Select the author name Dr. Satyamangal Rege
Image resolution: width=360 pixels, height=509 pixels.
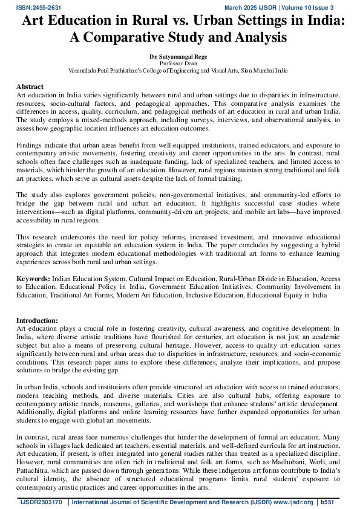click(x=179, y=56)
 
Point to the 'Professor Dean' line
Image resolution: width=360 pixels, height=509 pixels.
click(x=179, y=63)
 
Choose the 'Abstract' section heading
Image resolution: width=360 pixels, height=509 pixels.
click(x=30, y=87)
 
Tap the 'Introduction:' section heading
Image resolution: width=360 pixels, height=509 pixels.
click(x=37, y=320)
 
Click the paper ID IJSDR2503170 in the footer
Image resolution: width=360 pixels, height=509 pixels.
click(x=40, y=502)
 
